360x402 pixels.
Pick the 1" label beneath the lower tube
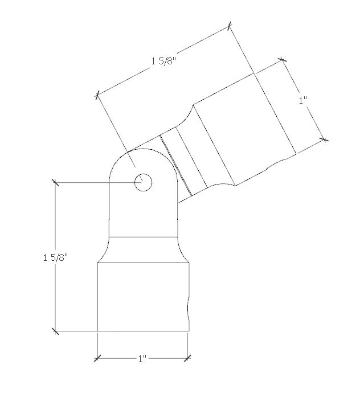tap(142, 359)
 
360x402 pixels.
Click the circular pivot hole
tap(143, 182)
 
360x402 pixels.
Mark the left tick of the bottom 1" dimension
tap(97, 358)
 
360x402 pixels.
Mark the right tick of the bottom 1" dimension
tap(189, 358)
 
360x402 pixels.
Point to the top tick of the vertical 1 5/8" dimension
tap(55, 182)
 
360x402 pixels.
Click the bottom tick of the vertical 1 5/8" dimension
tap(55, 330)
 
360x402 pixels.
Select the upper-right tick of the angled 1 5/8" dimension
tap(229, 26)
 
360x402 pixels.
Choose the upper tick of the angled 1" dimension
tap(281, 59)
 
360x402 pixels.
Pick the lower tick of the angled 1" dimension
tap(324, 138)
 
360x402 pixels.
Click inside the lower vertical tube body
tap(142, 296)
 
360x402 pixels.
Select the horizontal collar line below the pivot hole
tap(143, 236)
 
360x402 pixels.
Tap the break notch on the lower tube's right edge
tap(188, 307)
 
